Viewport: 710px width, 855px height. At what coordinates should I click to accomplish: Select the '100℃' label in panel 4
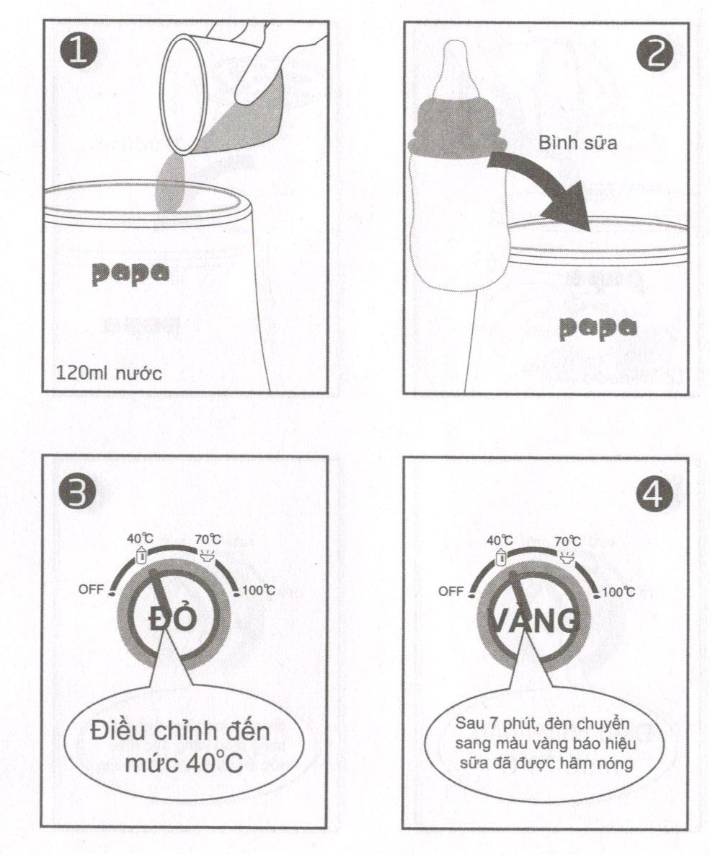point(618,591)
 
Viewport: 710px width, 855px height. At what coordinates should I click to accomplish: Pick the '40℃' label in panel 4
point(500,540)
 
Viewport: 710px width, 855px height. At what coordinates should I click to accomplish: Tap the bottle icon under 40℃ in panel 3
point(142,556)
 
